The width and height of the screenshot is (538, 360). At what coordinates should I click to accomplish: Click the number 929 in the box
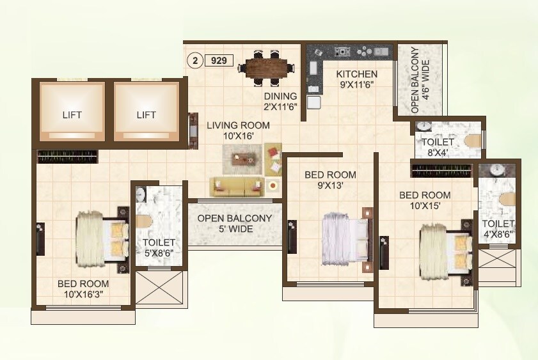(219, 61)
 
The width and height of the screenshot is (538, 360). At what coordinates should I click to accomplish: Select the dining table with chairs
(266, 67)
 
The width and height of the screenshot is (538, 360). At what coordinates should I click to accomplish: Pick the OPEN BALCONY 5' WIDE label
(235, 223)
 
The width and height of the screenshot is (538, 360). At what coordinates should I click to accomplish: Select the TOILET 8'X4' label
(438, 147)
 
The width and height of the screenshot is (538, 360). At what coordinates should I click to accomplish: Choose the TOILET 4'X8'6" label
(498, 229)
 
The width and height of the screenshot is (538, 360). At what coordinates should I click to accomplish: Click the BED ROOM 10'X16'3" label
(83, 289)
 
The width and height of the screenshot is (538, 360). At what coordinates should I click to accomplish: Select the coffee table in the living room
(242, 158)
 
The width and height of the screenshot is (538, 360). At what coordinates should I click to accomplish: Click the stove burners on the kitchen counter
(342, 51)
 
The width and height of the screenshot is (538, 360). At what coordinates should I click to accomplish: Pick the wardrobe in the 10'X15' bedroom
(441, 170)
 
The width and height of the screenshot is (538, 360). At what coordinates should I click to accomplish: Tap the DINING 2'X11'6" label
(281, 102)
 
